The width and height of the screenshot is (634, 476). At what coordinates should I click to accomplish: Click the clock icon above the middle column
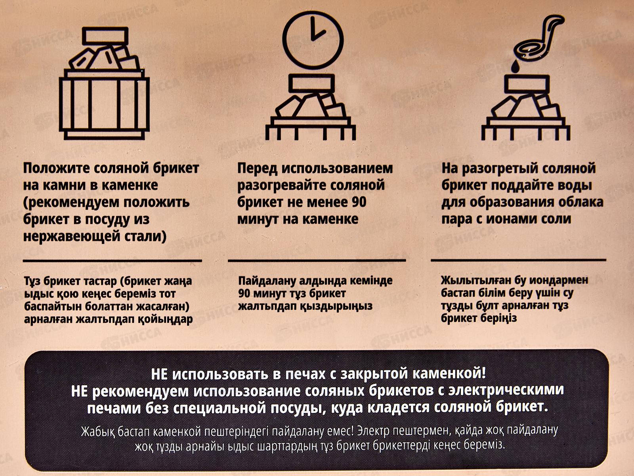pyautogui.click(x=313, y=40)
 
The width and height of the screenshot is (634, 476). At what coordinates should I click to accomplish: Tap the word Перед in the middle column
pyautogui.click(x=257, y=168)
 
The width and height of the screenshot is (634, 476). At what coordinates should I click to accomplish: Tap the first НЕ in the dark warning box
pyautogui.click(x=159, y=374)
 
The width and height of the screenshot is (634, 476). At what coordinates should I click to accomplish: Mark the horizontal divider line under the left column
pyautogui.click(x=113, y=261)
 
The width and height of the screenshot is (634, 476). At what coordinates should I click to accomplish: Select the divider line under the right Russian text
pyautogui.click(x=518, y=260)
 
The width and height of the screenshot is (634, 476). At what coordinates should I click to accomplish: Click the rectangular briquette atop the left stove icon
pyautogui.click(x=105, y=36)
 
